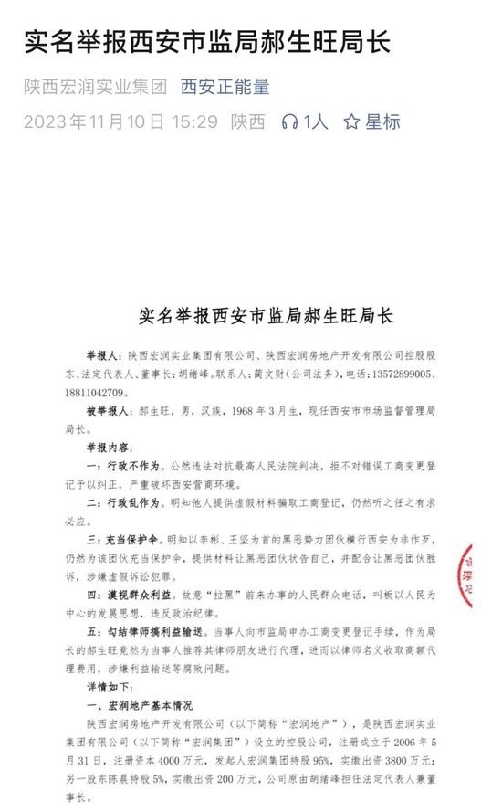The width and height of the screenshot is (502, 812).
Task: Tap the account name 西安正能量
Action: (x=225, y=88)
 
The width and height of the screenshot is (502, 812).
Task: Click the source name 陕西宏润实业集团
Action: (x=95, y=88)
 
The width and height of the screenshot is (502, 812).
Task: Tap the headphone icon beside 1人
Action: (x=291, y=121)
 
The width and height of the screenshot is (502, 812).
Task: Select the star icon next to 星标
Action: (x=351, y=121)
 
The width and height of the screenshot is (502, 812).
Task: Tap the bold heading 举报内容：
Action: (x=111, y=449)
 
